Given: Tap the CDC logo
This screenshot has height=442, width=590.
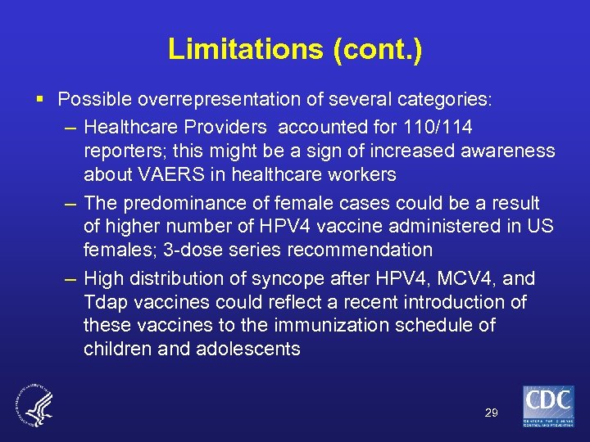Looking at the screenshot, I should pos(548,406).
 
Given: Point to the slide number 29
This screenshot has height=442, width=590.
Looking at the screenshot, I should pos(491,413).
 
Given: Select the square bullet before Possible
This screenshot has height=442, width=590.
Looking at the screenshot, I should pos(41,100).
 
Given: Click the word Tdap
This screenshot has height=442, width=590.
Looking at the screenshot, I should pos(102,302).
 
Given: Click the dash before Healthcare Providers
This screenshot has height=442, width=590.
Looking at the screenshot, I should pos(70,128).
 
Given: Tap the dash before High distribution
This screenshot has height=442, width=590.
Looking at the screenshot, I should pos(70,278).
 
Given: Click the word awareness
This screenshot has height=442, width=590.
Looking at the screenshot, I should pos(501,151).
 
